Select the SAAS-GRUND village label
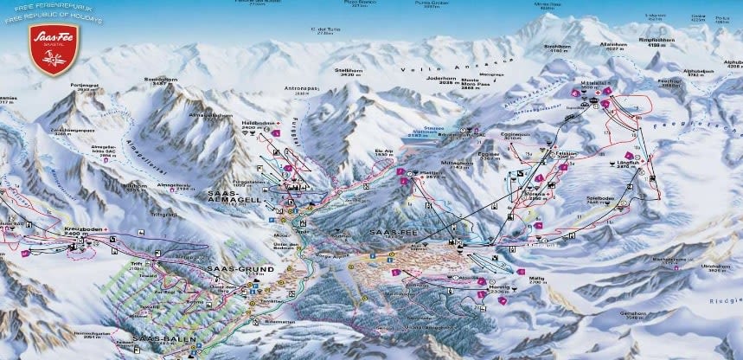click(x=240, y=269)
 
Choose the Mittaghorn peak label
click(x=453, y=162)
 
